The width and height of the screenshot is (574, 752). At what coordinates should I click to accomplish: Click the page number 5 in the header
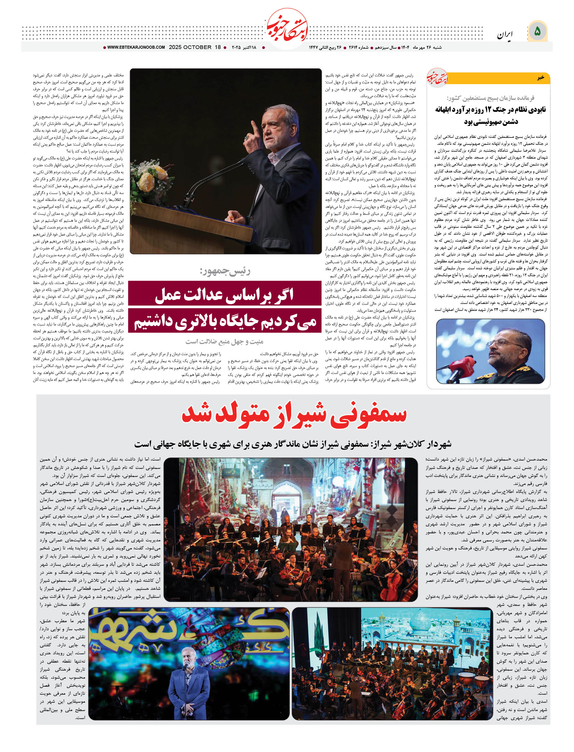pos(537,32)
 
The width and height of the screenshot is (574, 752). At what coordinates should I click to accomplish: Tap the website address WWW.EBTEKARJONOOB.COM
pos(136,48)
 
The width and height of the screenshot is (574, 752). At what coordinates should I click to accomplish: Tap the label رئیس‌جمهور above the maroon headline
pos(225,271)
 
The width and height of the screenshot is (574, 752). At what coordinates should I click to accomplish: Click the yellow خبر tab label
pos(540,78)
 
